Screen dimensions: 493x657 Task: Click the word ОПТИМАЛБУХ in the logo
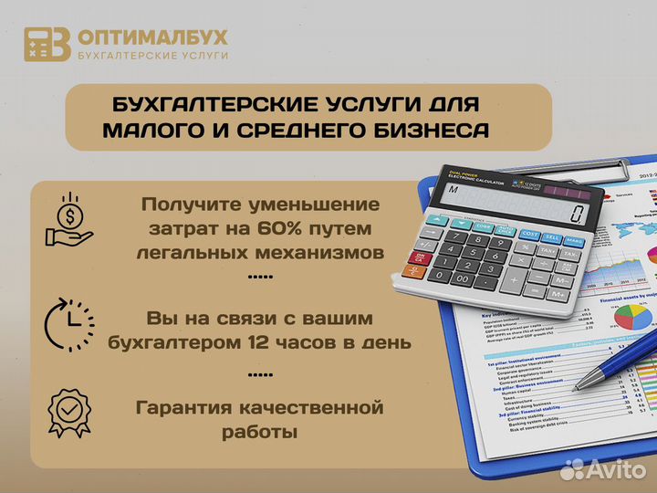pyautogui.click(x=153, y=37)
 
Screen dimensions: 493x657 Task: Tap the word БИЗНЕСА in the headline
pyautogui.click(x=424, y=131)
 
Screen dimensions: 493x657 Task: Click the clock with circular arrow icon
pyautogui.click(x=69, y=324)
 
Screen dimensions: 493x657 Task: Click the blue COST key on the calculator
pyautogui.click(x=529, y=235)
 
